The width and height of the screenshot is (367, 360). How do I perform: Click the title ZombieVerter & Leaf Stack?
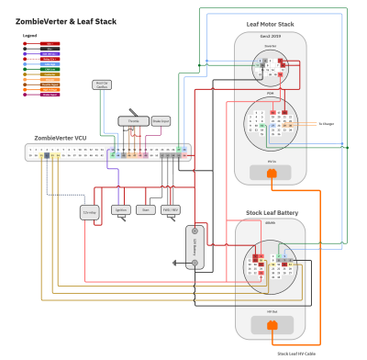tap(66, 20)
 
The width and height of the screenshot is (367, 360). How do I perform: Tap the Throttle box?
tap(133, 121)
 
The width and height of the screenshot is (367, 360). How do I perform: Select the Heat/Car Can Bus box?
tap(103, 85)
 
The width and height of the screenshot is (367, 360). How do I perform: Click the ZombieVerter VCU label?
tap(61, 138)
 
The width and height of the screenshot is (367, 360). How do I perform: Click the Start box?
tap(145, 210)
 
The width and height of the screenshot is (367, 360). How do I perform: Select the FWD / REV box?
tap(171, 210)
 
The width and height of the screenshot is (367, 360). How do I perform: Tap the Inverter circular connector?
tap(271, 66)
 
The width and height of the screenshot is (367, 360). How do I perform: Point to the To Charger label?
tap(328, 122)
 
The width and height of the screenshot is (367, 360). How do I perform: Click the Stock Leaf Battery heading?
tap(272, 212)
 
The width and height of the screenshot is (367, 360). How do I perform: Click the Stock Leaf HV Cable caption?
tap(296, 353)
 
